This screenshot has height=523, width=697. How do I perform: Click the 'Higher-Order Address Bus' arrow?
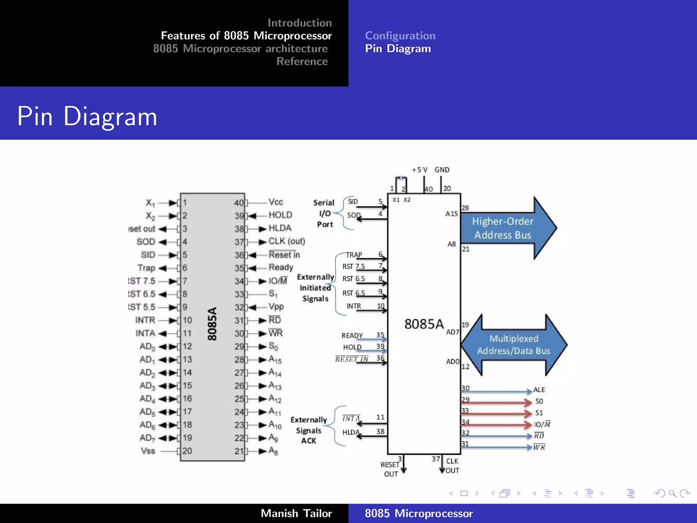click(x=504, y=228)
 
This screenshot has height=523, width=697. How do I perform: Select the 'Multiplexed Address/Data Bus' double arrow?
click(x=514, y=345)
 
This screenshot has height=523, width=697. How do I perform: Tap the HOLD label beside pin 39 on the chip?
click(x=280, y=215)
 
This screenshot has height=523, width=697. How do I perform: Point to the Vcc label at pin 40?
click(x=276, y=202)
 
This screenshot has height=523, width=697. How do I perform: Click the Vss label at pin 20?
click(x=148, y=451)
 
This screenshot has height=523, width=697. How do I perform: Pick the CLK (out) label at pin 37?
click(x=287, y=241)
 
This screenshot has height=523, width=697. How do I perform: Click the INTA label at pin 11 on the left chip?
click(x=145, y=333)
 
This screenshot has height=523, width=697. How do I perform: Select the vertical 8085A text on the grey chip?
click(x=212, y=323)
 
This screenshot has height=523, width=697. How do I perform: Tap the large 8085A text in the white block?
click(x=424, y=324)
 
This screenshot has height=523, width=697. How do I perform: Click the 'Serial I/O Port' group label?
click(x=324, y=213)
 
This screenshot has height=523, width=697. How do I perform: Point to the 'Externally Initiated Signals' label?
click(x=315, y=288)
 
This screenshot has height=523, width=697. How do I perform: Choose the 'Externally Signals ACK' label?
click(x=309, y=430)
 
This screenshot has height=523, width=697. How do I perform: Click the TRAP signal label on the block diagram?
click(x=354, y=255)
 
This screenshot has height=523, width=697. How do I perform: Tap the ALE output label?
click(x=539, y=390)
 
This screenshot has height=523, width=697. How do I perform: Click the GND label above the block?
click(x=442, y=170)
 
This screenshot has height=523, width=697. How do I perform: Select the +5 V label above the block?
click(x=420, y=170)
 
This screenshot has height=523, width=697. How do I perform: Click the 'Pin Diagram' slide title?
click(x=87, y=116)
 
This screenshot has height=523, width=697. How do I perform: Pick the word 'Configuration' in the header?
click(x=400, y=35)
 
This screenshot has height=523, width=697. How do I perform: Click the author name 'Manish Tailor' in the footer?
click(x=296, y=513)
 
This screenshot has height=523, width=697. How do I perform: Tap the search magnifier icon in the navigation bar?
click(x=672, y=493)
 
